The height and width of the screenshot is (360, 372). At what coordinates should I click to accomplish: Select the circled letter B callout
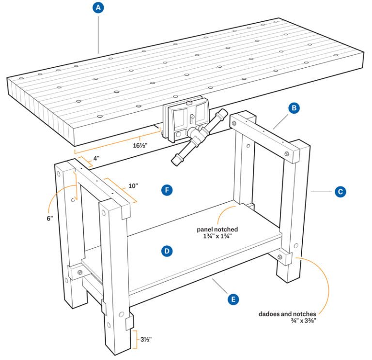tap(294, 108)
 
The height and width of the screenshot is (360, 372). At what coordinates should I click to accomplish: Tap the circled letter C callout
tap(340, 192)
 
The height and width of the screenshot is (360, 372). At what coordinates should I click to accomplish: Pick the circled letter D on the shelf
tap(167, 251)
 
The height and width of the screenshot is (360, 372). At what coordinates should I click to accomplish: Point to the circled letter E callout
tap(233, 300)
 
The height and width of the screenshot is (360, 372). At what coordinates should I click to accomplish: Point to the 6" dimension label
tap(49, 218)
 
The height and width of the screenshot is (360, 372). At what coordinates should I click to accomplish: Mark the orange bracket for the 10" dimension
tap(121, 190)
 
